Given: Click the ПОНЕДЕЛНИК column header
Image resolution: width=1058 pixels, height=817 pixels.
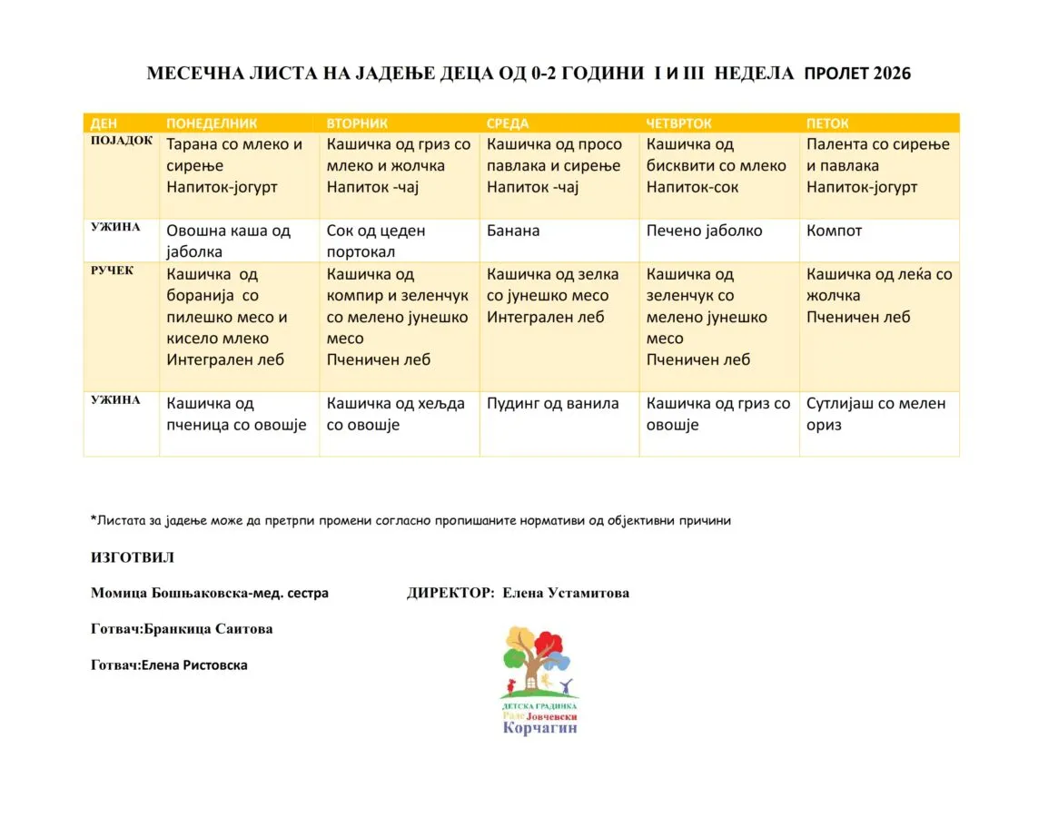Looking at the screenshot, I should coord(212,123).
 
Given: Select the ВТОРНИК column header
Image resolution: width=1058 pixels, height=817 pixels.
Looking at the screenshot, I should coord(357,123).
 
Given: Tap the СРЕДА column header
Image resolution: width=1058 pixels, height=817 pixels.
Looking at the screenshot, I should coord(508,123).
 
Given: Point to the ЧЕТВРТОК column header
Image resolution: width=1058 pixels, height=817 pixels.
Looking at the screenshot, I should coord(679,123).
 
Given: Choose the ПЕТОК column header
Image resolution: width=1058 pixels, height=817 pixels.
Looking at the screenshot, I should coord(827,123).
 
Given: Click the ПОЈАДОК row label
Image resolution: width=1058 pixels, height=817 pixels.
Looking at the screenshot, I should coord(122,141).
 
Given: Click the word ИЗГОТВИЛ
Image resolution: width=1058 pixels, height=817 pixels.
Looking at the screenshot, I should coord(133,557).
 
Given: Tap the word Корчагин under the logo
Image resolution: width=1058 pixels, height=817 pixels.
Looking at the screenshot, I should coord(539,728).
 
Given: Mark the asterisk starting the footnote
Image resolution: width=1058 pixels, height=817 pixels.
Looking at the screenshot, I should coord(94,519).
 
